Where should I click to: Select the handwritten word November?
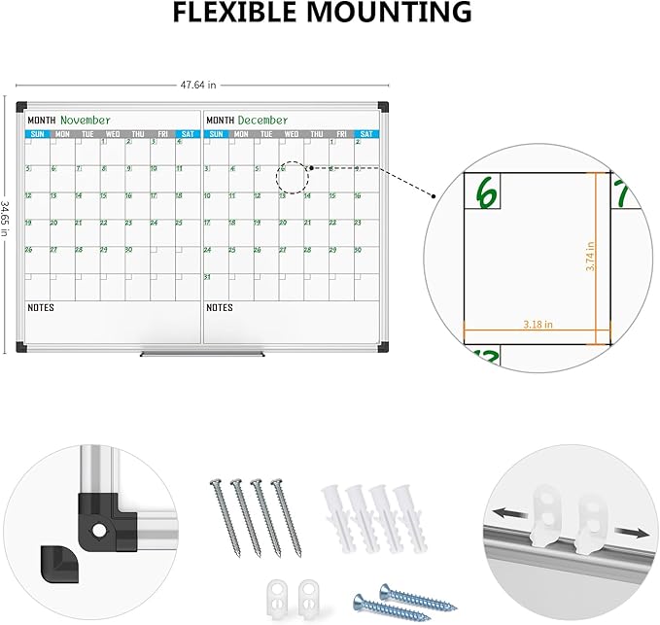tap(86, 120)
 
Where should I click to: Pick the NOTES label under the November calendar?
tap(41, 308)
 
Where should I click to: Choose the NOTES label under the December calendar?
tap(220, 308)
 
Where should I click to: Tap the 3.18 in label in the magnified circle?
tap(537, 325)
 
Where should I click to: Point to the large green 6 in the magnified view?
tap(484, 191)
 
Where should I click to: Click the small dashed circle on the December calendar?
tap(292, 178)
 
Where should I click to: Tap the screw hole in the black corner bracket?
tap(99, 530)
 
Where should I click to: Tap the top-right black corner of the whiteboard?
tap(383, 106)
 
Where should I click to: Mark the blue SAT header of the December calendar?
tap(365, 134)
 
